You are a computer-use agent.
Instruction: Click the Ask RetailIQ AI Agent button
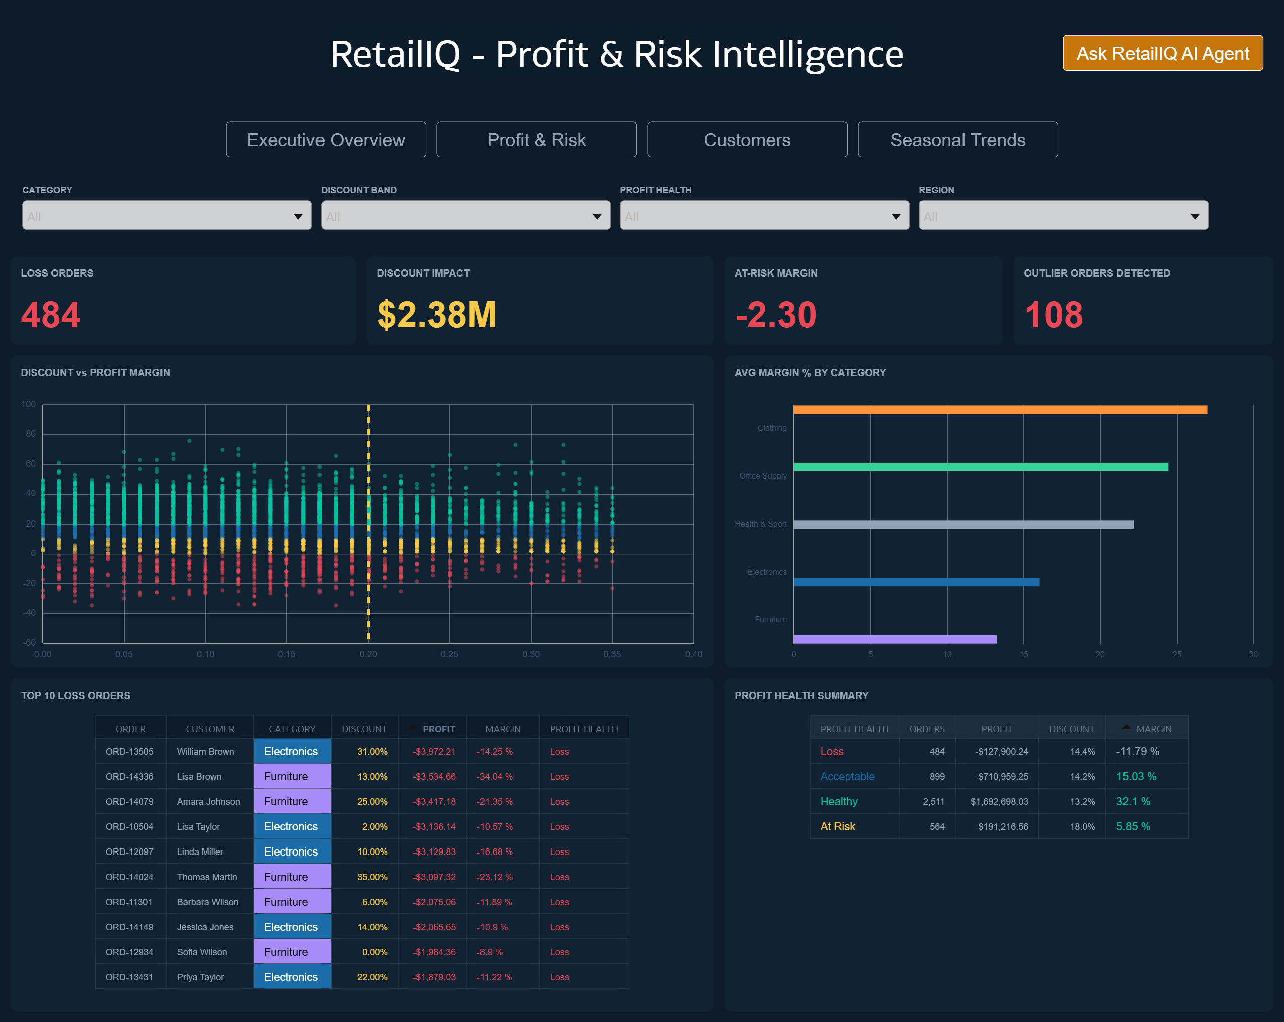point(1162,53)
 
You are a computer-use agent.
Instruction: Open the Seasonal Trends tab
point(957,140)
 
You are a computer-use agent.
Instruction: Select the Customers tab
point(746,140)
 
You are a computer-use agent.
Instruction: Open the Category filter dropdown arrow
point(298,216)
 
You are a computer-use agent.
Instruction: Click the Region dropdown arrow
point(1194,216)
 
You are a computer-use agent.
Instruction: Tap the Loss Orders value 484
point(51,314)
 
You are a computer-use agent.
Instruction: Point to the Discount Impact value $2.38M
point(436,314)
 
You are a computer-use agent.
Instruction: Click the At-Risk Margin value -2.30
point(775,314)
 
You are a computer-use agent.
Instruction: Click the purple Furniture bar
point(894,639)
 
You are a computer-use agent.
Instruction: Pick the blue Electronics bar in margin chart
point(916,582)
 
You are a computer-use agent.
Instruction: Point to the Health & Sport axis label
point(760,524)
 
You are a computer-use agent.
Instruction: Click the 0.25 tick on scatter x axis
point(449,654)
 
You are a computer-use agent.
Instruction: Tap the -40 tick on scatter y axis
point(29,613)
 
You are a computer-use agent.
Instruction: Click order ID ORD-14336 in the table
point(129,777)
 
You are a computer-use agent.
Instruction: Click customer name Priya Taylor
point(200,977)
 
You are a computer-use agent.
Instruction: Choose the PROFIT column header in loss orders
point(438,729)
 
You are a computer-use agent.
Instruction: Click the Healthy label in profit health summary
point(839,802)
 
